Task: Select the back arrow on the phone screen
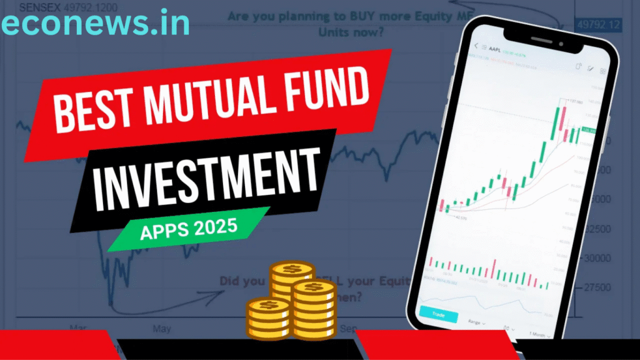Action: [x=476, y=46]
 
